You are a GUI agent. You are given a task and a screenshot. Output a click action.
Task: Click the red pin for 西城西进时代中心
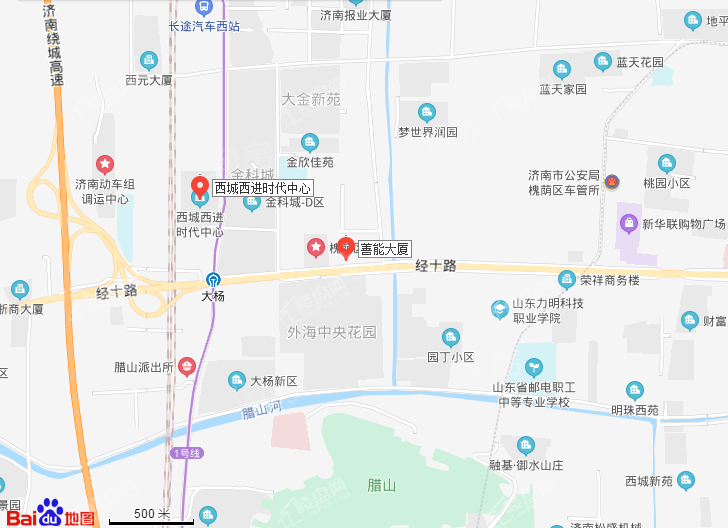pyautogui.click(x=199, y=186)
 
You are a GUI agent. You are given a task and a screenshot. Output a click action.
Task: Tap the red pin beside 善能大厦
pyautogui.click(x=347, y=246)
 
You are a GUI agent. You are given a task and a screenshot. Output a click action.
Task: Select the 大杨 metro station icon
pyautogui.click(x=214, y=280)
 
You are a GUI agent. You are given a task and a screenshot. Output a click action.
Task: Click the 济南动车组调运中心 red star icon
pyautogui.click(x=104, y=163)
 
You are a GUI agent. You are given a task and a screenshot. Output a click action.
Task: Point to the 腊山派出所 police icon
pyautogui.click(x=187, y=367)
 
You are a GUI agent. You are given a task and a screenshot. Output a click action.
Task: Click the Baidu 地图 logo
pyautogui.click(x=66, y=512)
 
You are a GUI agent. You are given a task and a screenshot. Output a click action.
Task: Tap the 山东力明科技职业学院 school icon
pyautogui.click(x=499, y=310)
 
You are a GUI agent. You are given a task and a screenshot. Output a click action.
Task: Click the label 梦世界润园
pyautogui.click(x=427, y=132)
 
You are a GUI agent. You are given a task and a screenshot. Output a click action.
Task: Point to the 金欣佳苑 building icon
pyautogui.click(x=310, y=142)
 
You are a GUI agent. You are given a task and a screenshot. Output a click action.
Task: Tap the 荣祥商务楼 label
pyautogui.click(x=609, y=280)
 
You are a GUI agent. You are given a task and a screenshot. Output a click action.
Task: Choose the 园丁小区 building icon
pyautogui.click(x=451, y=337)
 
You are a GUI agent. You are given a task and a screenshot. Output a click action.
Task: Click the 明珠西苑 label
pyautogui.click(x=635, y=410)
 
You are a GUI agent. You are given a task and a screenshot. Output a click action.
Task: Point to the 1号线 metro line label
pyautogui.click(x=187, y=453)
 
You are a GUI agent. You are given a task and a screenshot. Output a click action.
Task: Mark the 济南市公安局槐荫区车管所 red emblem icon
pyautogui.click(x=614, y=182)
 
